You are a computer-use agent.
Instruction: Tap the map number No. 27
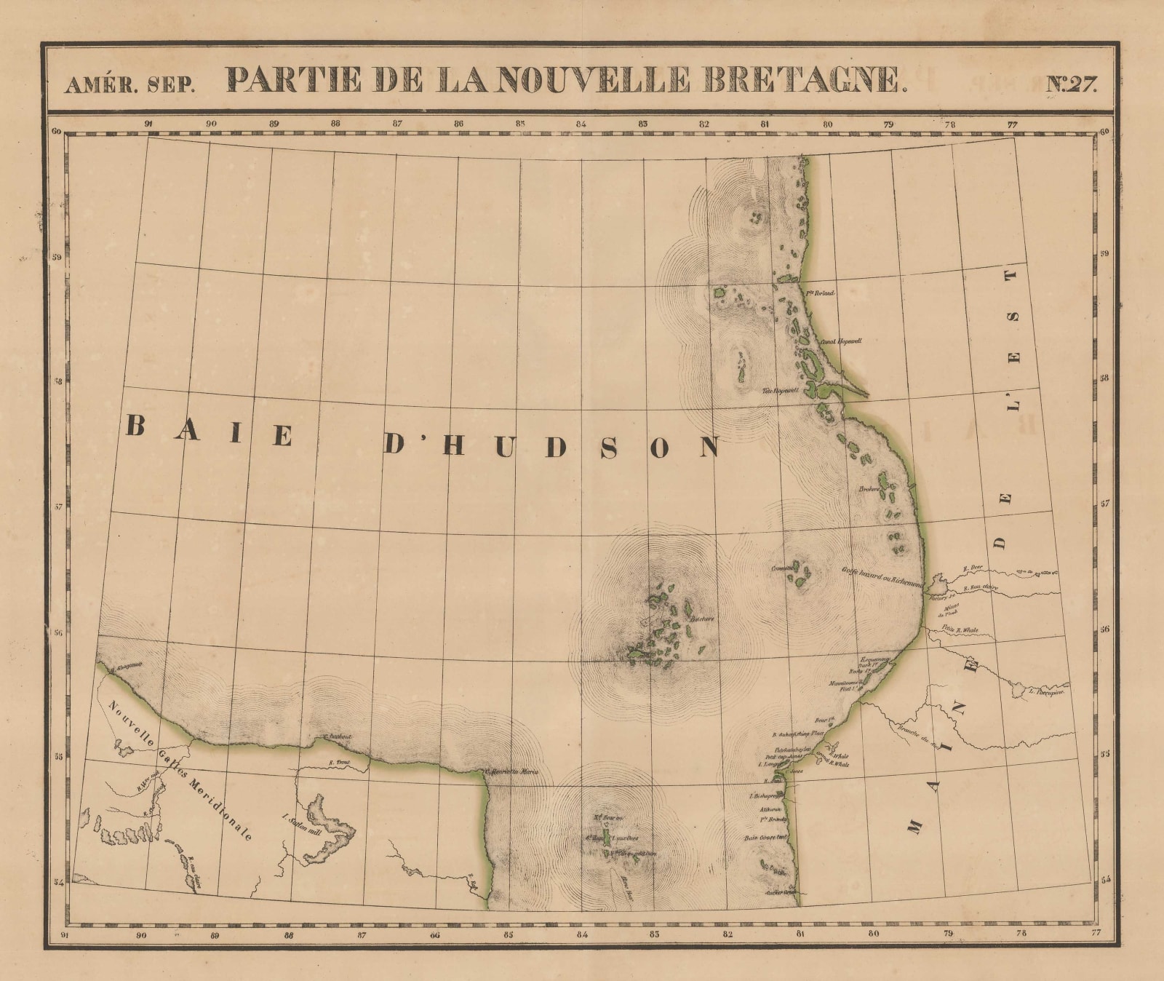coord(1071,83)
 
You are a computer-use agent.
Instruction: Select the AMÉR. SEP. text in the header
coord(129,85)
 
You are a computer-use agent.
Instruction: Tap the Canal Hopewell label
coord(841,340)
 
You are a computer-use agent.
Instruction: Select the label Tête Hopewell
coord(780,389)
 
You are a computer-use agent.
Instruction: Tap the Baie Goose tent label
coord(766,838)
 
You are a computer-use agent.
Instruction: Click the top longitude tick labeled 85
coord(520,124)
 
